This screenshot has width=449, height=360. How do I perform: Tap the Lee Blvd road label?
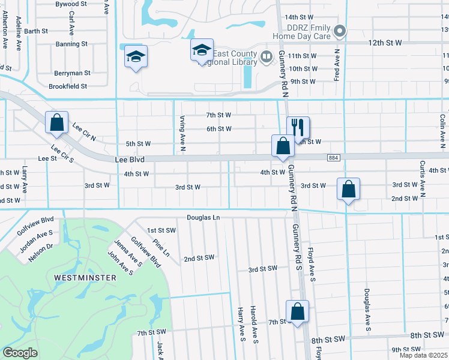(131, 160)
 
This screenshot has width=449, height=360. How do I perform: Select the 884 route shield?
(334, 157)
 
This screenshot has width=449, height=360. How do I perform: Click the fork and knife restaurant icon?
(298, 127)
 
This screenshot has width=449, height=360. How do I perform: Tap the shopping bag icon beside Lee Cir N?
(56, 122)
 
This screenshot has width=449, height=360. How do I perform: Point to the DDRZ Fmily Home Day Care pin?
(340, 31)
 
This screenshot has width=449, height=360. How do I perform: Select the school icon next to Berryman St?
(136, 56)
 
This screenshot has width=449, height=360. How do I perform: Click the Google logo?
(20, 353)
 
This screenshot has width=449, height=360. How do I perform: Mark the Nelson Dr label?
(41, 253)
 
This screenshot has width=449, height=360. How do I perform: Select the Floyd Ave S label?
(312, 264)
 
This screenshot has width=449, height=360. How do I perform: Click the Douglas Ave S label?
(366, 309)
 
